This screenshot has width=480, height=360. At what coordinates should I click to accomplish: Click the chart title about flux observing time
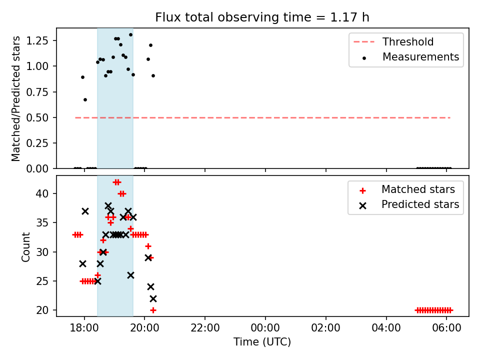[x=262, y=17]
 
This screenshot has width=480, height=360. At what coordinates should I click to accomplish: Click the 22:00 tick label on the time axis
[x=205, y=328]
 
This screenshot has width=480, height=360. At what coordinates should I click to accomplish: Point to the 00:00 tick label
[x=265, y=328]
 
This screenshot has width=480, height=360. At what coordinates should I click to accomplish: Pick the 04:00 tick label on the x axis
[x=386, y=328]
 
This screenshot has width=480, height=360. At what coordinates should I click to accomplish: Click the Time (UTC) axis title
[x=262, y=342]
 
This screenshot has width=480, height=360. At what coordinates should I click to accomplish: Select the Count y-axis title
[x=25, y=246]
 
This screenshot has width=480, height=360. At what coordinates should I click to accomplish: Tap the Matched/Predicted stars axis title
[x=16, y=98]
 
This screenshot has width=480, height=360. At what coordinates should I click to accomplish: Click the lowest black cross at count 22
[x=153, y=298]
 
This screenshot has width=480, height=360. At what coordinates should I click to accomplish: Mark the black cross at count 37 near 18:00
[x=85, y=211]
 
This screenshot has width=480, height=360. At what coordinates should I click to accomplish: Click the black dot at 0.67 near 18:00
[x=85, y=99]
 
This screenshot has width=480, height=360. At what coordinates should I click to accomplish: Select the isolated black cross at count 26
[x=130, y=275]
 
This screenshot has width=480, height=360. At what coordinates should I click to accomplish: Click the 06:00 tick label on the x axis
[x=446, y=328]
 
